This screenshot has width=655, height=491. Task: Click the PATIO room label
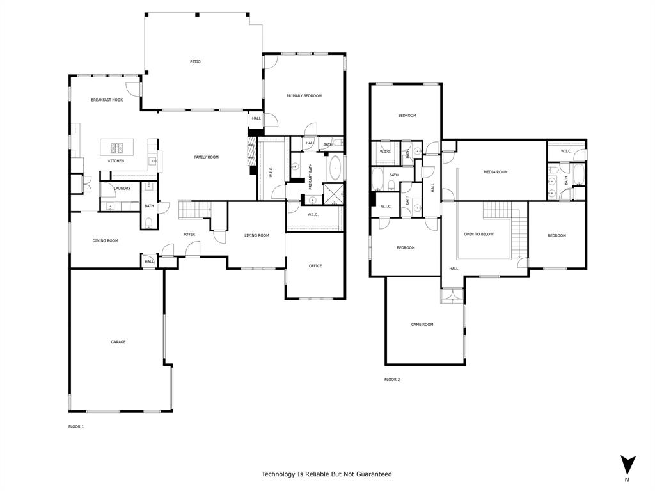tap(195, 62)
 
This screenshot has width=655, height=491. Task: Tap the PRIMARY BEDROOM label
tap(304, 96)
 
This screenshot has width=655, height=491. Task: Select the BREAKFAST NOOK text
tap(107, 100)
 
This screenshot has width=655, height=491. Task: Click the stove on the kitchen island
tap(116, 148)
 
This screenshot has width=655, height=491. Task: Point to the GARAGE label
tap(118, 342)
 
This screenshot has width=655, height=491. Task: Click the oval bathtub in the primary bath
tap(336, 169)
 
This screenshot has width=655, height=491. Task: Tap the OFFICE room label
tap(315, 266)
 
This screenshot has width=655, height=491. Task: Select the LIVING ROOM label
tap(256, 235)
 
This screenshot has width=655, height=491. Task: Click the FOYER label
tap(189, 235)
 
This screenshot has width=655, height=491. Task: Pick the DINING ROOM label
tap(106, 241)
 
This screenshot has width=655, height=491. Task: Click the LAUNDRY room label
tap(122, 189)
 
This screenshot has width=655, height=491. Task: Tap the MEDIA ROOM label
tap(495, 172)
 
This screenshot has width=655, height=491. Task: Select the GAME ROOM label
tap(422, 325)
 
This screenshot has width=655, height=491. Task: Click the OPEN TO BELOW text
tap(478, 235)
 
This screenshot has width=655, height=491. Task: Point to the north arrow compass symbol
tap(627, 465)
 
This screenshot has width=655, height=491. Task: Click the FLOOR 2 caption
tap(392, 380)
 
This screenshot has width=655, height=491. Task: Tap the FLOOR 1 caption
tap(76, 426)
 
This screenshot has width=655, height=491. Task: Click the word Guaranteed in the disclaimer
tap(373, 474)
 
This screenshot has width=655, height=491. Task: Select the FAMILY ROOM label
tap(207, 157)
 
